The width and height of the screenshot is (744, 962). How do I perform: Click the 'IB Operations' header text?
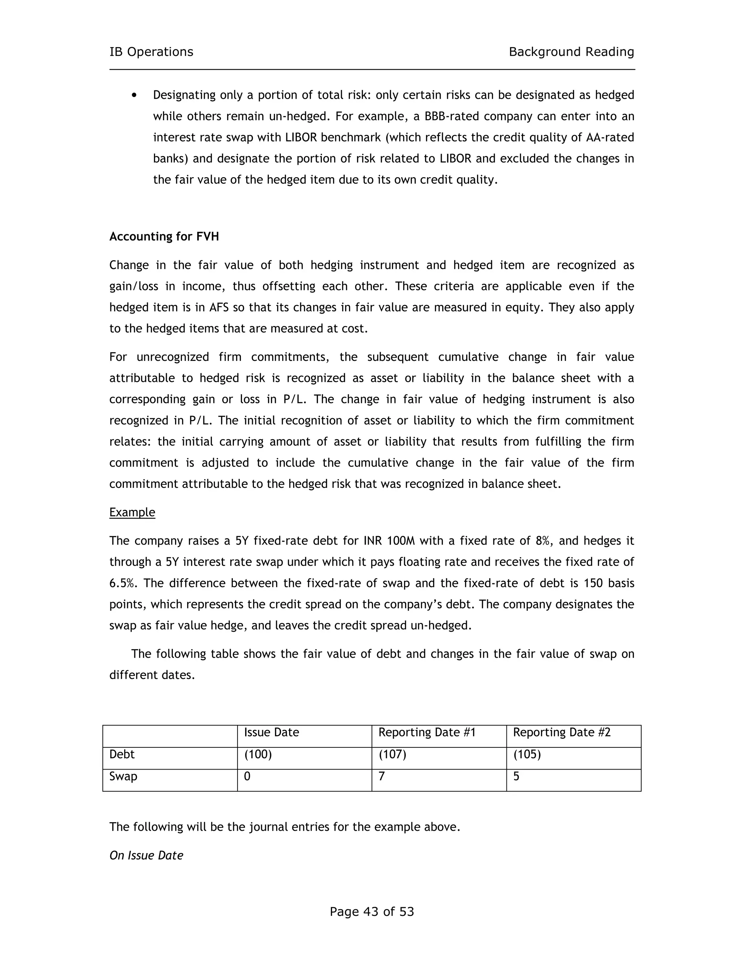pos(151,52)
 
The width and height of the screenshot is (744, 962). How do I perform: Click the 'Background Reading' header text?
pos(571,52)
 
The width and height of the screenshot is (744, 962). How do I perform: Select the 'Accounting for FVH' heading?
pos(164,237)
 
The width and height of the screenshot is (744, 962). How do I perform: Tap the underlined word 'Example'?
pos(132,512)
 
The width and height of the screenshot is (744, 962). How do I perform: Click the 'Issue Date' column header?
pos(271,733)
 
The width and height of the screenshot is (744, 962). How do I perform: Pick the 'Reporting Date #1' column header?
pos(427,733)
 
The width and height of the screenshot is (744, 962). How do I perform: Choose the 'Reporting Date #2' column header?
pos(562,733)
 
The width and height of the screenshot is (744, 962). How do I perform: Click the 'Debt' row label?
pos(122,755)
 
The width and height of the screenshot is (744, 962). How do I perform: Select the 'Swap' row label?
pos(123,776)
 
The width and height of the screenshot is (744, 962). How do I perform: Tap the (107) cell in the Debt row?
pos(392,755)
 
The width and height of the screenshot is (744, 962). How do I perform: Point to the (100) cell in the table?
pos(258,755)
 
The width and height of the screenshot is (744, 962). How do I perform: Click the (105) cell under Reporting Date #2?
pos(527,755)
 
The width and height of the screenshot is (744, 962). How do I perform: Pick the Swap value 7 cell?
pos(382,776)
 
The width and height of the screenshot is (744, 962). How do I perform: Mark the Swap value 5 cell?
pos(516,776)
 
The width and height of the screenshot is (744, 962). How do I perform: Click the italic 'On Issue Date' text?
pos(146,855)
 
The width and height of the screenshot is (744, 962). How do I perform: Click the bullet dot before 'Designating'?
pos(134,95)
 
